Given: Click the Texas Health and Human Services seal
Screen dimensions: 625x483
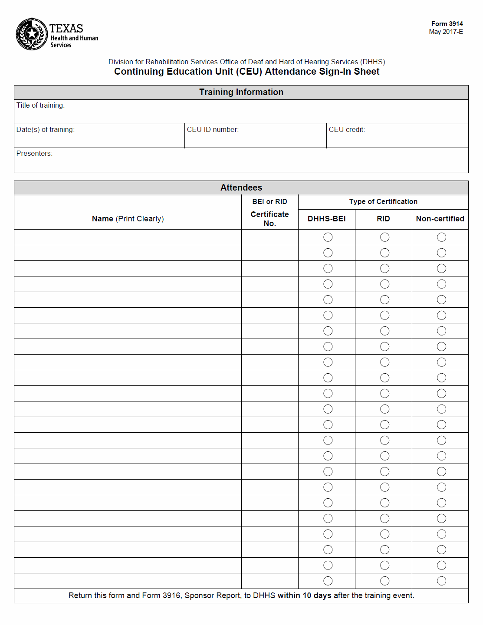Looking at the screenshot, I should [32, 34].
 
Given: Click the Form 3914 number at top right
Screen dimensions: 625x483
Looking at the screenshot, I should [447, 24].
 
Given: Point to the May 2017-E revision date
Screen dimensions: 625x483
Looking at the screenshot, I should [446, 32].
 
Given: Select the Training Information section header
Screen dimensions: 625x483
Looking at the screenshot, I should [241, 92].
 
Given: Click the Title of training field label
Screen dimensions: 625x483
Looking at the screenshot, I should [40, 105].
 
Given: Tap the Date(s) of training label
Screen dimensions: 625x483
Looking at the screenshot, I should [45, 130].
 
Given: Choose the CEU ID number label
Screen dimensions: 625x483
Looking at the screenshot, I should [213, 130].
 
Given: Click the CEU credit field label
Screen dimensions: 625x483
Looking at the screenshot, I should [347, 130].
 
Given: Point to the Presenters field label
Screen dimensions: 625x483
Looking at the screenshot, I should [34, 154].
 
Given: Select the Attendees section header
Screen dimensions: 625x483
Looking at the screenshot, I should [241, 187].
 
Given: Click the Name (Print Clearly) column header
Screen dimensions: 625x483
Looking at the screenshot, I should [128, 219].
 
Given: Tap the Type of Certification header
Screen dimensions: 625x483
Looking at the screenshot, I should [383, 202].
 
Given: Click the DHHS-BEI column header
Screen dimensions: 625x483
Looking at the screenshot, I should [326, 219].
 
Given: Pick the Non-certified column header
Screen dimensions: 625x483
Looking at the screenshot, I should [440, 219].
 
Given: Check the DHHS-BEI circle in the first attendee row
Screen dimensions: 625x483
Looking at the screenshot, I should [328, 237].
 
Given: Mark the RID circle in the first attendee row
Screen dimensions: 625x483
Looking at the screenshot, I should [385, 237].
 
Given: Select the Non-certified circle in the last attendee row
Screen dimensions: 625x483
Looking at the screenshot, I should [442, 581].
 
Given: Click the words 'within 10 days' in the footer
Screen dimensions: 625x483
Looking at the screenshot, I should [304, 595].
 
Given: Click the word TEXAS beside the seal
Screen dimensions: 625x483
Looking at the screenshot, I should [66, 29].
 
